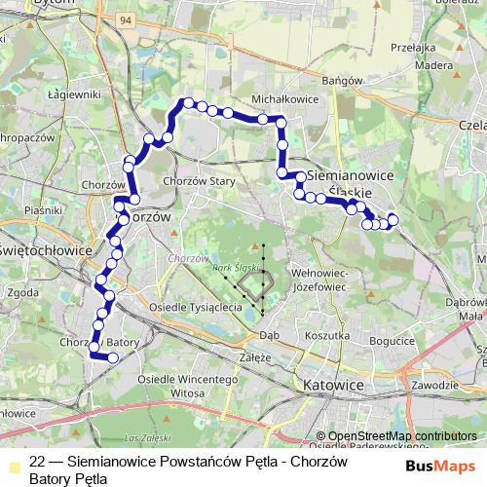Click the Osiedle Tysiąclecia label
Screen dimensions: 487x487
(x=195, y=307)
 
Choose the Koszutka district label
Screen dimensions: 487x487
(x=327, y=334)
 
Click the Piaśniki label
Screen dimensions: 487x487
(x=44, y=210)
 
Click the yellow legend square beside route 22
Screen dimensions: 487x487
(x=12, y=464)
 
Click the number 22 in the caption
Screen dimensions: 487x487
(x=38, y=463)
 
